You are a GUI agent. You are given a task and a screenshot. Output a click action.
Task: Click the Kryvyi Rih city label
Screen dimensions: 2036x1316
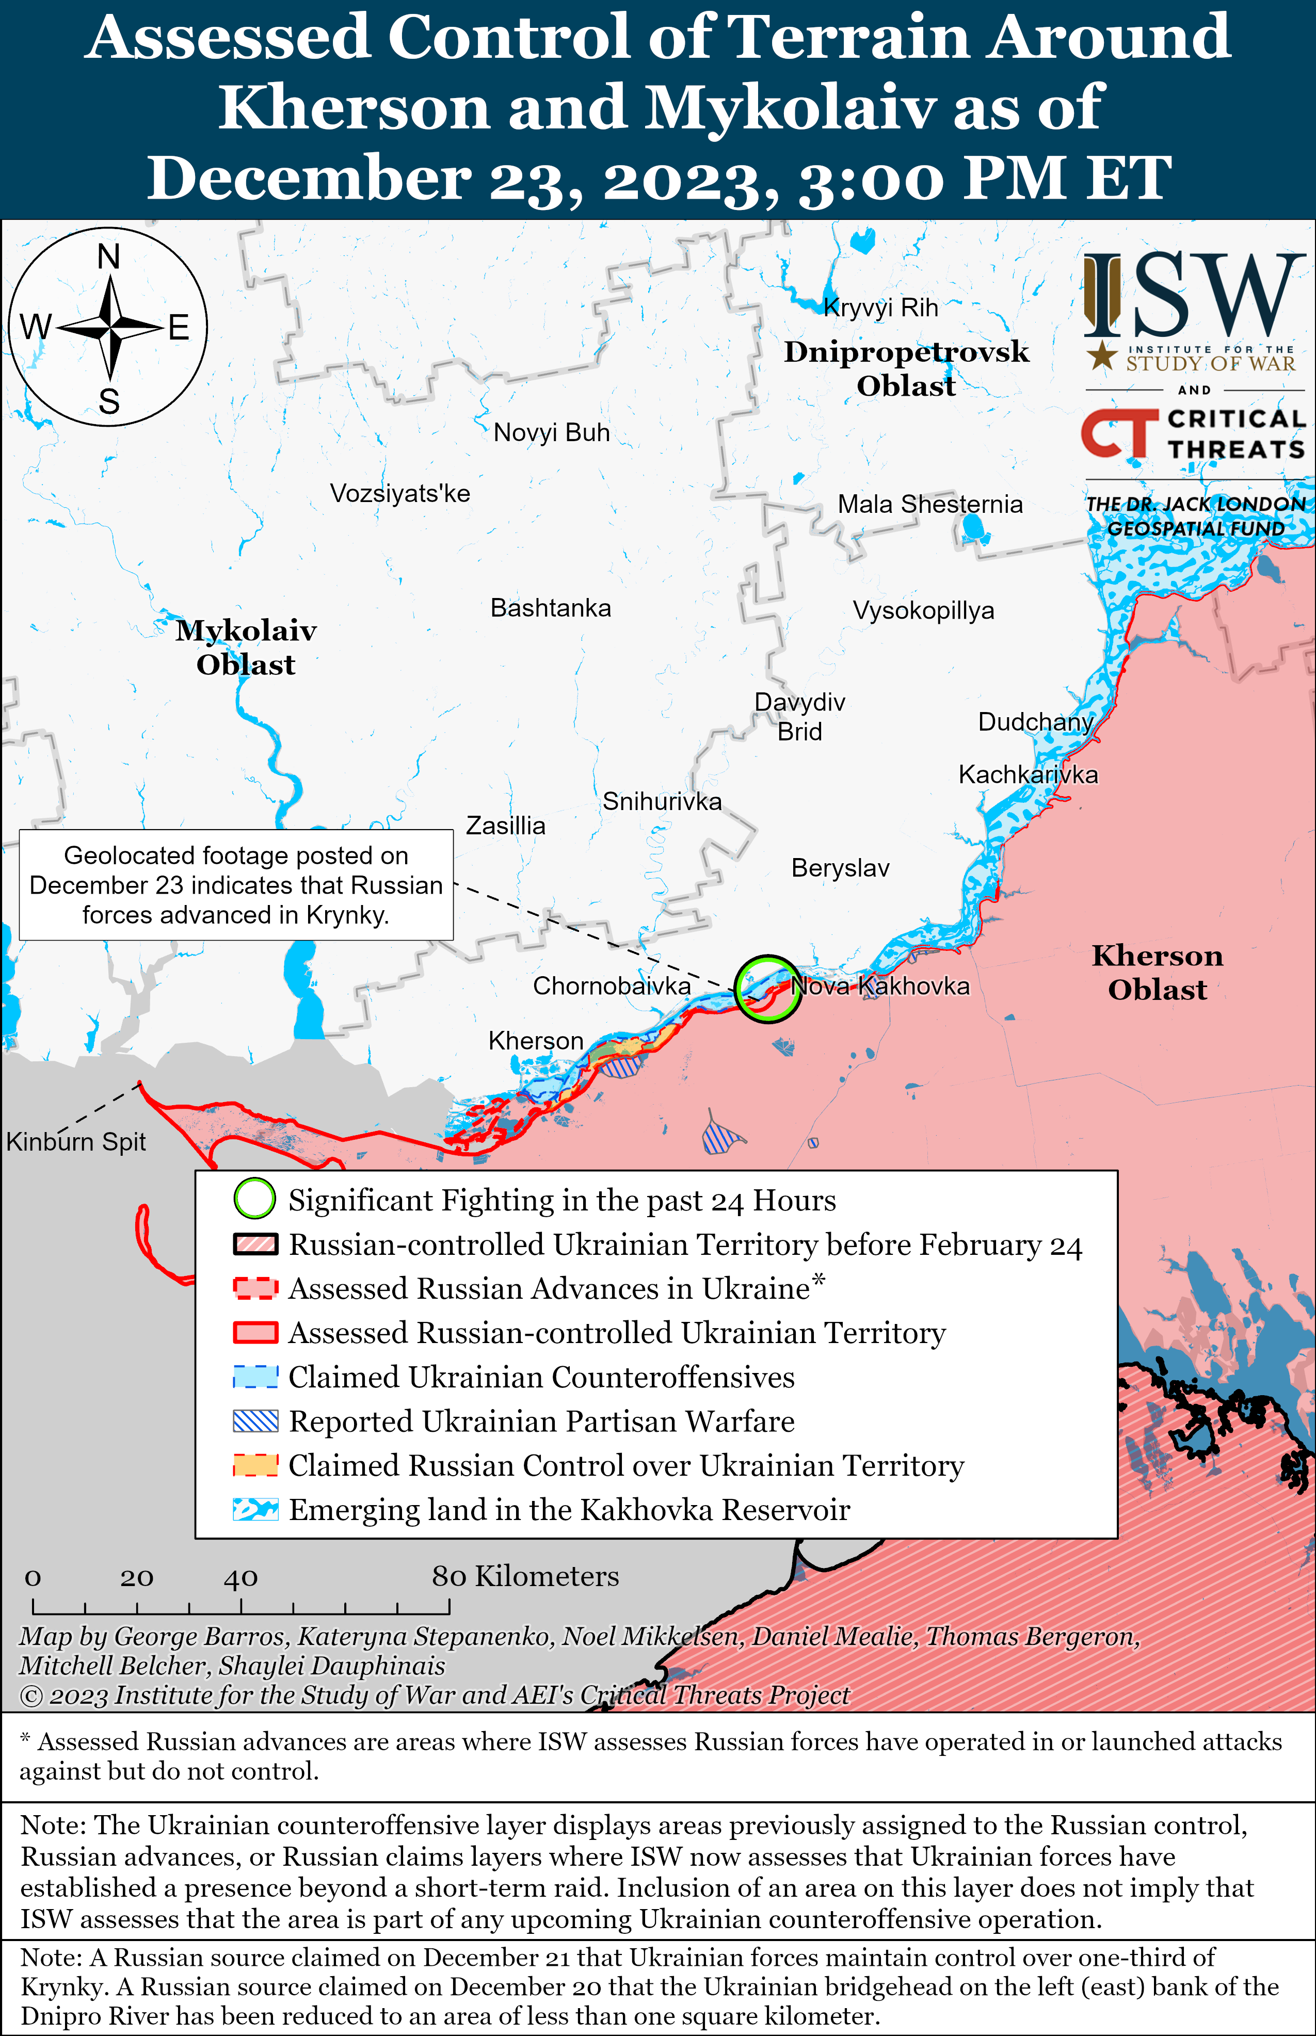tap(880, 308)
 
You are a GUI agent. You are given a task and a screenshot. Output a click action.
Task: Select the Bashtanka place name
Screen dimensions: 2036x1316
tap(550, 608)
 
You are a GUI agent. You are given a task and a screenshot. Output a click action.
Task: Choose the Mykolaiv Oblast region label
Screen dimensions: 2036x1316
tap(246, 648)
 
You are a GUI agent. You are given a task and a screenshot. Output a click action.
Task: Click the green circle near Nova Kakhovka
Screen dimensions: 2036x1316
tap(767, 989)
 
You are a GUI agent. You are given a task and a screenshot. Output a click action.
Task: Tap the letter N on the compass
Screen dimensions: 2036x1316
tap(108, 256)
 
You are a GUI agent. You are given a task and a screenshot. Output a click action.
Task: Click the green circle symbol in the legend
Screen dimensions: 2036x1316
tap(254, 1199)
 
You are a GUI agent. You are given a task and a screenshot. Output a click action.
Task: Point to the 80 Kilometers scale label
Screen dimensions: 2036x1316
tap(525, 1576)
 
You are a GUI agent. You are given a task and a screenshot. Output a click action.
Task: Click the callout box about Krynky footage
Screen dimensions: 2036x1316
tap(236, 885)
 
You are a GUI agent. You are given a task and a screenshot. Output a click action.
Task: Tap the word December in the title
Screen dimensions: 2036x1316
tap(309, 179)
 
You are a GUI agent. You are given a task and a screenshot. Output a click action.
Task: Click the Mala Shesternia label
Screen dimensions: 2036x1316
tap(930, 504)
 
